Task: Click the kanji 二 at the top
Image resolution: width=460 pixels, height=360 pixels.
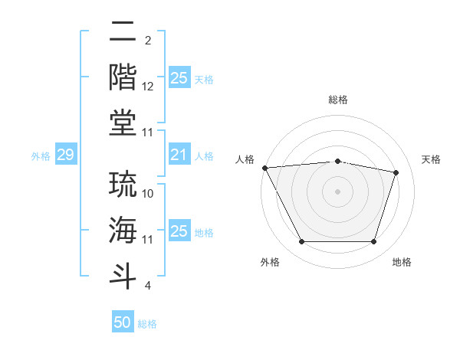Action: coord(123,32)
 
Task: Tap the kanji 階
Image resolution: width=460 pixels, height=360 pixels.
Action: coord(123,77)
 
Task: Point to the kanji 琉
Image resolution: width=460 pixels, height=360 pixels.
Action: coord(123,185)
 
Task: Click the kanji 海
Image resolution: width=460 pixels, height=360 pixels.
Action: coord(123,230)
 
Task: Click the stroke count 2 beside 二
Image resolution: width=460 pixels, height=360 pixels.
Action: coord(147,40)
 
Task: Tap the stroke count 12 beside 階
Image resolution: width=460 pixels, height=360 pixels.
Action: coord(148,87)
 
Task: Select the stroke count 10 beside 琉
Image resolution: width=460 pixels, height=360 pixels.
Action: coord(148,194)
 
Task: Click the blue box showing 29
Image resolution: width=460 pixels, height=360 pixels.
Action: coord(65,155)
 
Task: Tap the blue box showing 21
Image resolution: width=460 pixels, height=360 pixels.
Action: coord(179,155)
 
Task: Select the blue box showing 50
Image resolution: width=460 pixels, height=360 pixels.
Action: coord(123,322)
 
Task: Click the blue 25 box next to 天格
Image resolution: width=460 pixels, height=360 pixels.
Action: coord(179,78)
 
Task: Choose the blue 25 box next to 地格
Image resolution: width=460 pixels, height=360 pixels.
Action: coord(179,232)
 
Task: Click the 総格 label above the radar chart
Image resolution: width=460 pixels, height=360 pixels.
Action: coord(337,100)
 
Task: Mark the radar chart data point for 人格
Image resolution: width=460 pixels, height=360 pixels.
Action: coord(264,168)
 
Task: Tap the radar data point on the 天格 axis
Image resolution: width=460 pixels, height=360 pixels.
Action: coord(396,172)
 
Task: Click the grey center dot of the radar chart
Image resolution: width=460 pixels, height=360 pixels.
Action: coord(337,191)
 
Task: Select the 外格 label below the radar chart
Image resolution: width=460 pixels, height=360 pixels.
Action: coord(270,262)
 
